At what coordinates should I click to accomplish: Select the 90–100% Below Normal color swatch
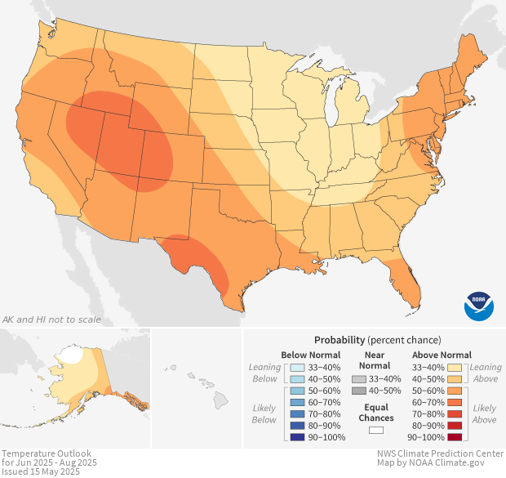coord(295,438)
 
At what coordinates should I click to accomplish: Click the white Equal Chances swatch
coord(375,430)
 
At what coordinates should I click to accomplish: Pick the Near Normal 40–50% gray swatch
coord(359,391)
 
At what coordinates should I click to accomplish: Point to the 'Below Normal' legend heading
coord(310,355)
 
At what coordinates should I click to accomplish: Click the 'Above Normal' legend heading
coord(443,355)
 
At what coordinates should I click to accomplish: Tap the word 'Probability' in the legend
coord(339,339)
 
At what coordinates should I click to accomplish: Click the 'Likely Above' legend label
coord(484,413)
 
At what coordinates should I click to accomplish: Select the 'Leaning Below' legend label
coord(264,373)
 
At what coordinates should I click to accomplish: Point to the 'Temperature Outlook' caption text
coord(47,453)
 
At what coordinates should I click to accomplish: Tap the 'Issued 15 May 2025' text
coord(41,471)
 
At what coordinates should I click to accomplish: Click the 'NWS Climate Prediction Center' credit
coord(440,453)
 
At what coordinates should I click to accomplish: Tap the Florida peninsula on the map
coord(408,282)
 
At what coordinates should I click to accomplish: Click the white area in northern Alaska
coord(73,355)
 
